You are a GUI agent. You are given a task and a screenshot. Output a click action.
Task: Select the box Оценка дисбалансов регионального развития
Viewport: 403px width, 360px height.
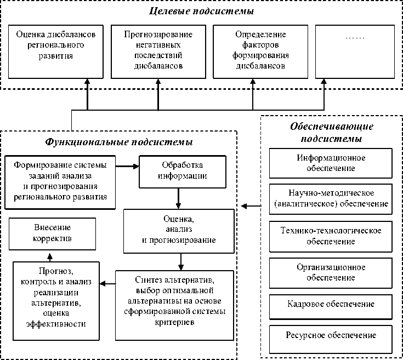point(56,50)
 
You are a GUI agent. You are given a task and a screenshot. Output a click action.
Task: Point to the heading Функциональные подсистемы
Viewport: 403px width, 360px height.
point(118,143)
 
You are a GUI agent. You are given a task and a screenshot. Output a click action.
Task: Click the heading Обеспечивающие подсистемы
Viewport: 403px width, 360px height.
point(332,132)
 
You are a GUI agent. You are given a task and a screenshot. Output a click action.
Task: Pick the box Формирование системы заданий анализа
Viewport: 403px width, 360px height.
point(60,181)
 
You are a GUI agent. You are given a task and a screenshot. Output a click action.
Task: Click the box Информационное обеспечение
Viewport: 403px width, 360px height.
point(331,163)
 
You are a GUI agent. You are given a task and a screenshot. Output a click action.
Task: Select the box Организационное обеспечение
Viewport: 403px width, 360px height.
point(331,272)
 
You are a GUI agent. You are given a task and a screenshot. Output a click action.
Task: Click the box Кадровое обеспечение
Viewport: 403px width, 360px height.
point(331,304)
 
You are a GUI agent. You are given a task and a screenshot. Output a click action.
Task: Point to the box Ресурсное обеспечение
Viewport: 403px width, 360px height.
point(331,334)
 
